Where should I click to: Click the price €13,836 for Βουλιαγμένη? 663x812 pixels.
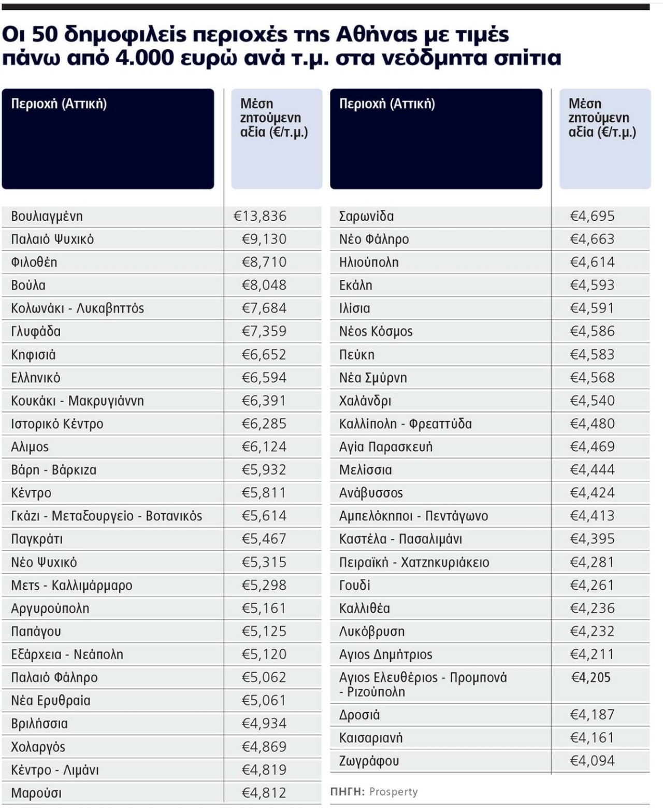[x=260, y=216]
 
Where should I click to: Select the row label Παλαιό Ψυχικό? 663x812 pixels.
[x=52, y=239]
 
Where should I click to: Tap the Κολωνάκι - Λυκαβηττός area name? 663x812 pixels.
[x=78, y=308]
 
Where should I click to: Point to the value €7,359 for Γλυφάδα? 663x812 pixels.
[x=264, y=331]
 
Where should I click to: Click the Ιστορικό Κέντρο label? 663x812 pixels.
[x=57, y=424]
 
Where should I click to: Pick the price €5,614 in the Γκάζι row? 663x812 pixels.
[x=264, y=516]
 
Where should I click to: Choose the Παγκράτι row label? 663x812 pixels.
[x=37, y=539]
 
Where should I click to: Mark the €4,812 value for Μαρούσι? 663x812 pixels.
[x=264, y=793]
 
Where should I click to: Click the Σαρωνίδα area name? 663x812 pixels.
[x=366, y=216]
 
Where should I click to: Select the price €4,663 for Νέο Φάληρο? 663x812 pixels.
[x=592, y=239]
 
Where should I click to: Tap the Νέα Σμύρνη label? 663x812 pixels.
[x=373, y=378]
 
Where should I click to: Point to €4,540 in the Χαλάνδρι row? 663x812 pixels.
[x=592, y=401]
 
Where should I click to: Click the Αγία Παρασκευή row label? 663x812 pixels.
[x=385, y=447]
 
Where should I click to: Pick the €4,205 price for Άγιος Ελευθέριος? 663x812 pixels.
[x=591, y=677]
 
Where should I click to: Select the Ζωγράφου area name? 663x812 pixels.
[x=369, y=761]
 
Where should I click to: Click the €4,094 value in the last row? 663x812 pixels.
[x=592, y=761]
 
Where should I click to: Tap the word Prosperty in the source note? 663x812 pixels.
[x=394, y=792]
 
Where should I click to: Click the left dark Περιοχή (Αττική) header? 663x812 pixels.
[x=108, y=138]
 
